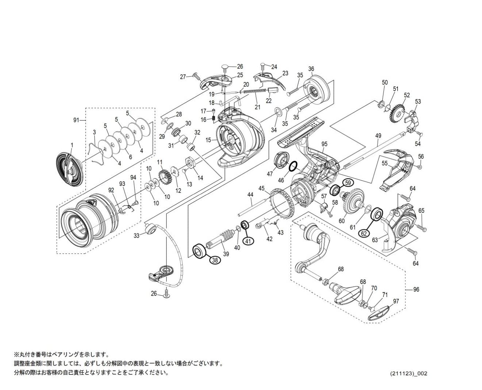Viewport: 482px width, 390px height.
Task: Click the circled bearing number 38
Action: click(x=215, y=260)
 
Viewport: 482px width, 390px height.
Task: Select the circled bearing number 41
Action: click(x=248, y=241)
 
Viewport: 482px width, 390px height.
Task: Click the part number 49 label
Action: click(x=378, y=136)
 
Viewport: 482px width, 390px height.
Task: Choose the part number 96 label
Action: click(x=416, y=289)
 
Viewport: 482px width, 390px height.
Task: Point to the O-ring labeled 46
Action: click(x=293, y=167)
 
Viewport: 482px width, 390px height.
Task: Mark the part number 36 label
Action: click(x=311, y=69)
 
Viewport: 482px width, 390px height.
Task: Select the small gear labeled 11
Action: click(x=166, y=176)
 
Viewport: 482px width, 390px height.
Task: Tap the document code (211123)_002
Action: click(x=408, y=374)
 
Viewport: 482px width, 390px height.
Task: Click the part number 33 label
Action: click(x=136, y=236)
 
